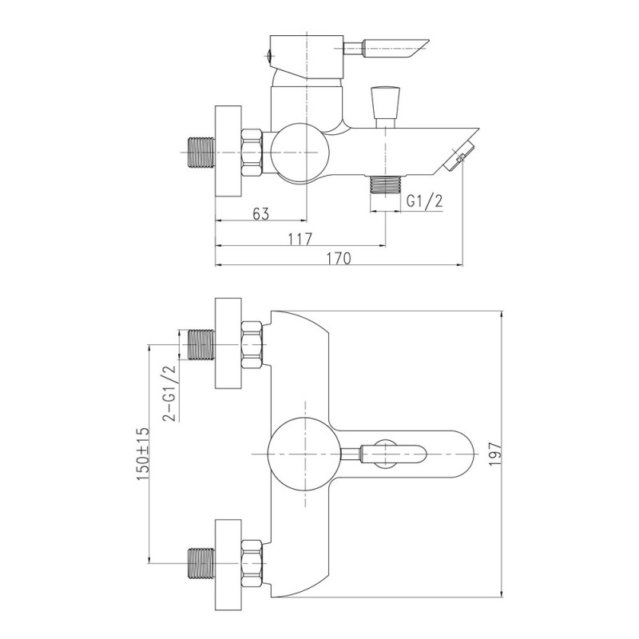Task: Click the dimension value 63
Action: [x=261, y=213]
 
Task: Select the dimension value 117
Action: [x=300, y=239]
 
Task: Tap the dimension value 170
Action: [x=338, y=258]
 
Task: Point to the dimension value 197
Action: [x=494, y=454]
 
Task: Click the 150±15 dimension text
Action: [x=143, y=454]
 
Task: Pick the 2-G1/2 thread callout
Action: [x=169, y=393]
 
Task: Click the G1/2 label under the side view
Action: [x=425, y=201]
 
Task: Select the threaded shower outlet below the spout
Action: [x=385, y=185]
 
